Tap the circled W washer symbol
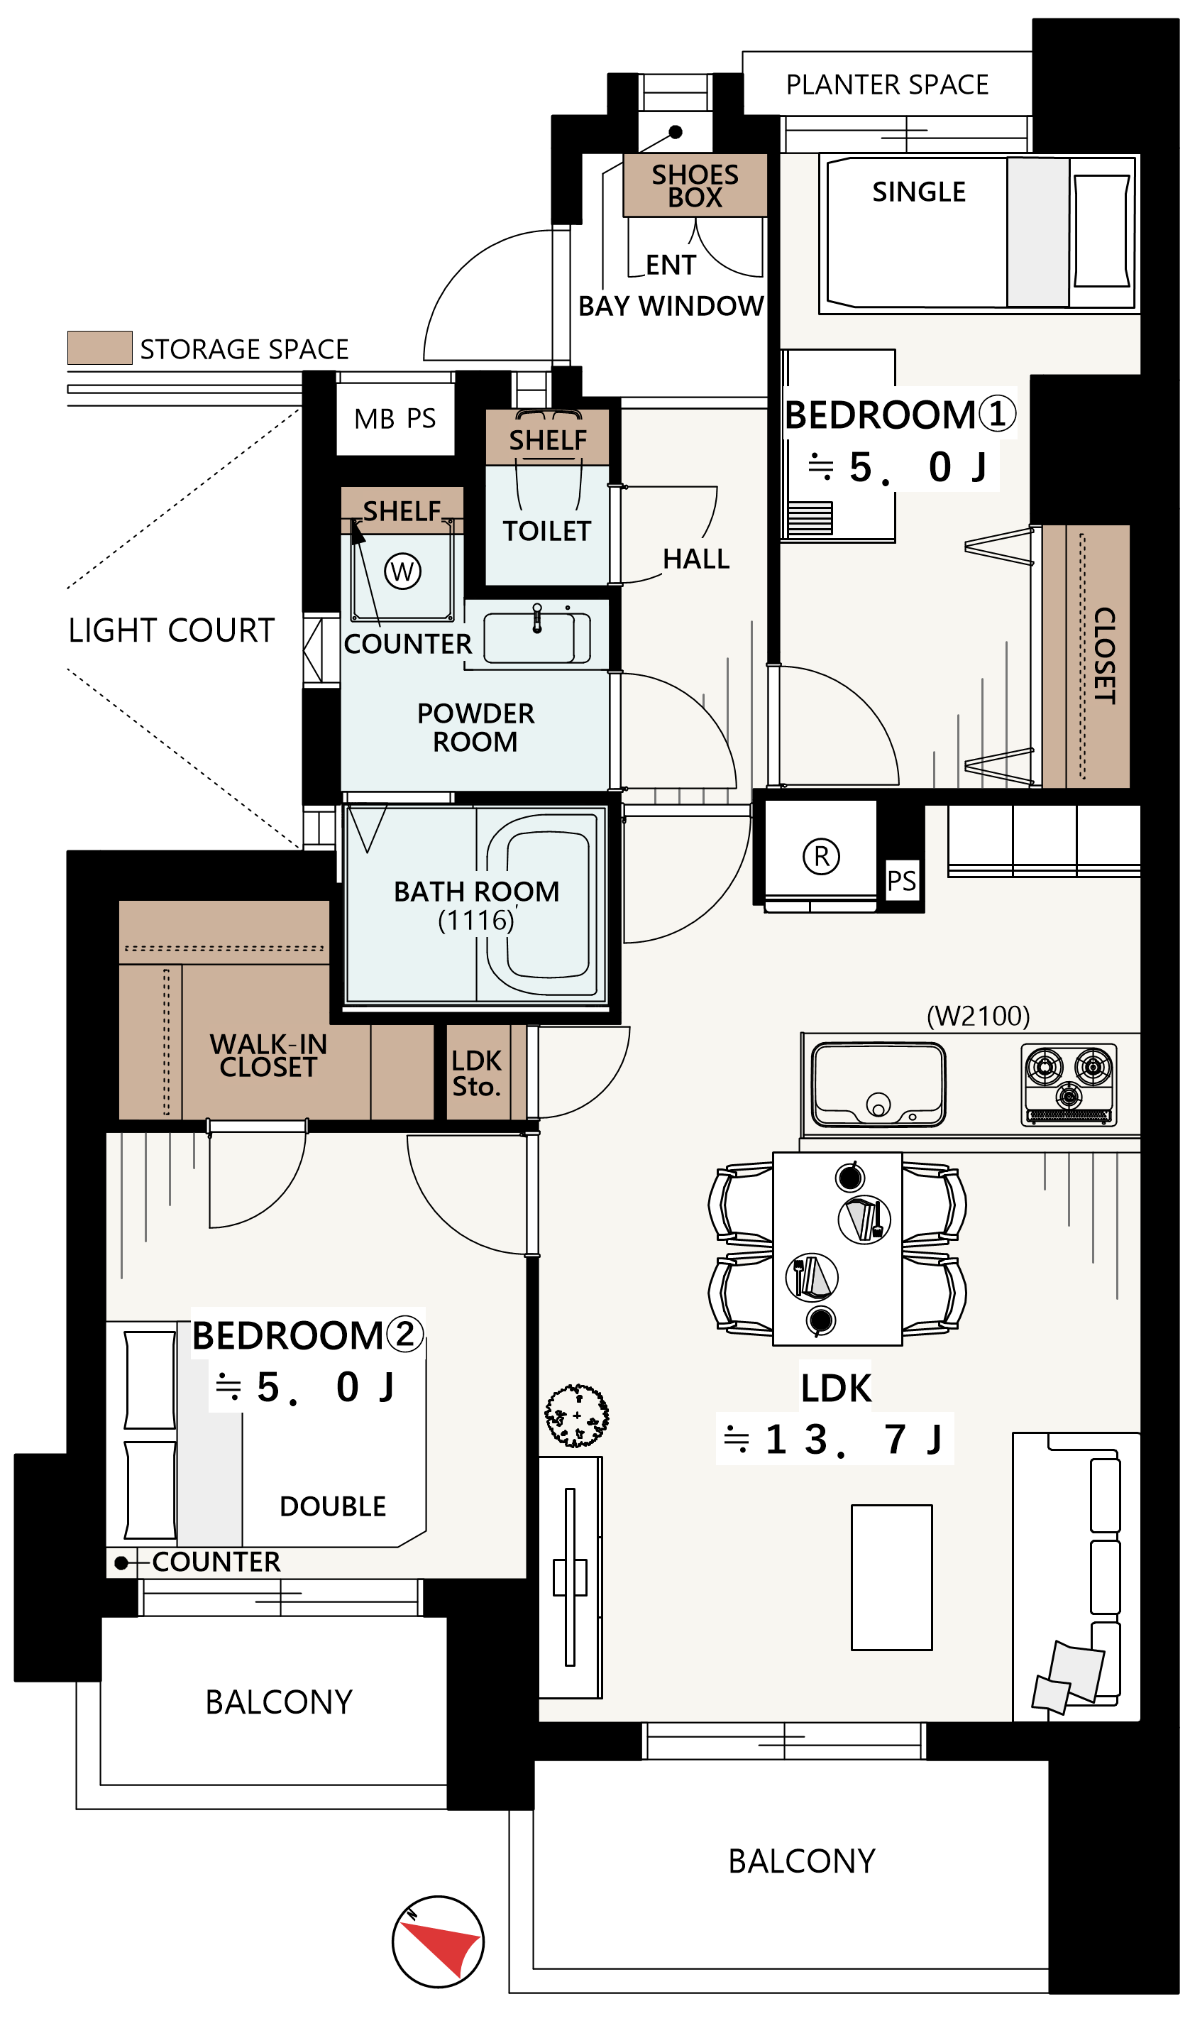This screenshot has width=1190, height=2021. [402, 572]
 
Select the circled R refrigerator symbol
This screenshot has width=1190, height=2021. [822, 857]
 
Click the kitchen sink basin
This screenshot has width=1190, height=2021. [879, 1084]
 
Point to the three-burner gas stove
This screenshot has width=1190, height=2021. [1069, 1083]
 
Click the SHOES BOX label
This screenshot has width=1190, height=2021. [695, 186]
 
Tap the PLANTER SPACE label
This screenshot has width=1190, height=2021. [887, 85]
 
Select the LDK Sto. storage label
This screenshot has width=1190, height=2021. [476, 1074]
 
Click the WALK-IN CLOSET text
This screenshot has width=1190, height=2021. [269, 1056]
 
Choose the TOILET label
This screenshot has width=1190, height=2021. [547, 531]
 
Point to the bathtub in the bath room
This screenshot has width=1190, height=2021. [543, 904]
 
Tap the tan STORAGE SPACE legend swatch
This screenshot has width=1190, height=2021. [99, 348]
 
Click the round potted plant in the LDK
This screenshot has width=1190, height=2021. [577, 1416]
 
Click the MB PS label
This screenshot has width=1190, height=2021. [395, 419]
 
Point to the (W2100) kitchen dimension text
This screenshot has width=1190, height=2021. [979, 1016]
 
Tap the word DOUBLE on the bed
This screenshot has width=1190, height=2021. [333, 1507]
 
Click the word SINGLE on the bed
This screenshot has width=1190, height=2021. [919, 192]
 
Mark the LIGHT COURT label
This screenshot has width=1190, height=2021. [172, 630]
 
